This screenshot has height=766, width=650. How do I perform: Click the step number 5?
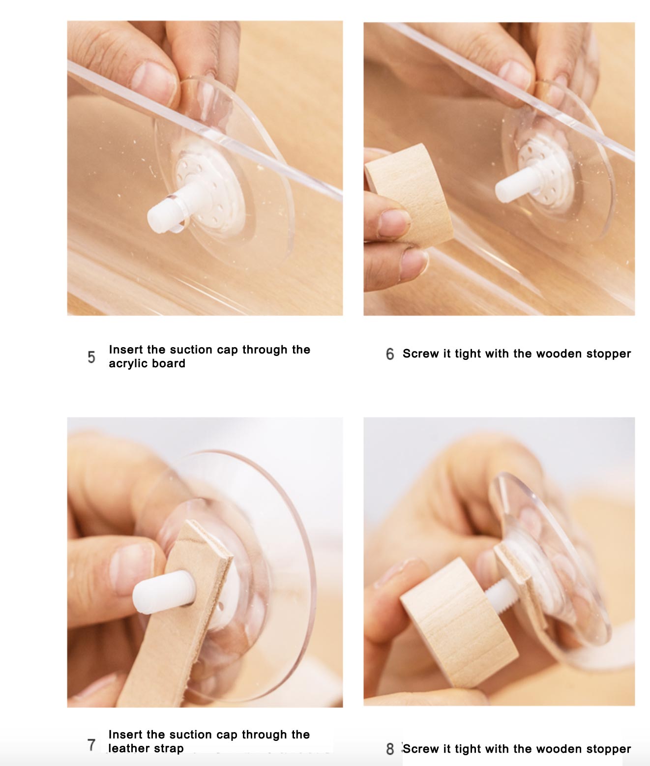coord(91,356)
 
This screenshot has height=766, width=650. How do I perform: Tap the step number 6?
coord(389,354)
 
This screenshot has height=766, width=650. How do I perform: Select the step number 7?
coord(91,744)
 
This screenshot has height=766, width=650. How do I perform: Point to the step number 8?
coord(390,749)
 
